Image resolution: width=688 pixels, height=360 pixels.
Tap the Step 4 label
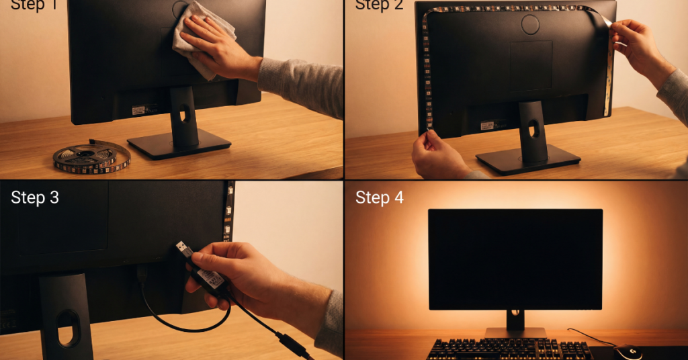click(x=380, y=197)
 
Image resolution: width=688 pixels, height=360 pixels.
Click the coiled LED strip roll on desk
click(x=91, y=157)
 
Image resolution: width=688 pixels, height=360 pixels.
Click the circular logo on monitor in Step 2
click(x=531, y=25)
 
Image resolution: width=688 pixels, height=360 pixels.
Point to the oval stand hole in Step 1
click(x=183, y=115)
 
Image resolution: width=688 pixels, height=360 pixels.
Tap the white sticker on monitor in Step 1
click(x=138, y=109)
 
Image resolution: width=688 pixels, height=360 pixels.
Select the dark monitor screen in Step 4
click(x=515, y=259)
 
